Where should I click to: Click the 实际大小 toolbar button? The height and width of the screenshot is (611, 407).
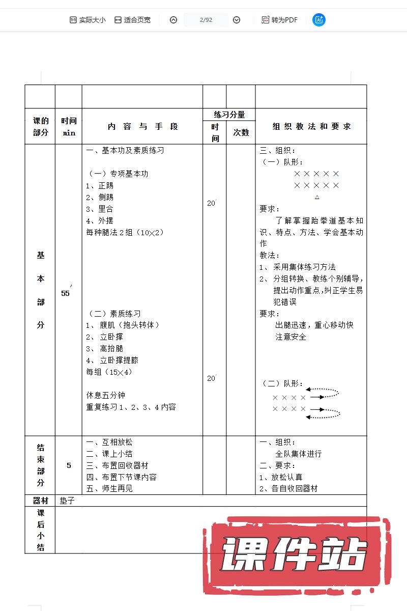pos(88,20)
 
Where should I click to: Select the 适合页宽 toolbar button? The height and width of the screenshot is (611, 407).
pos(132,20)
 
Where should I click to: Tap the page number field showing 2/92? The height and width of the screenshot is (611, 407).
pos(206,20)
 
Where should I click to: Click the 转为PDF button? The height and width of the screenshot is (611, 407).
pos(279,20)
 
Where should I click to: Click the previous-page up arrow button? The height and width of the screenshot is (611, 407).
pos(173,20)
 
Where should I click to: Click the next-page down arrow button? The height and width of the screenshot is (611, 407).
pos(237,20)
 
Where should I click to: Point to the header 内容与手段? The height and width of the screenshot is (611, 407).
pos(143,127)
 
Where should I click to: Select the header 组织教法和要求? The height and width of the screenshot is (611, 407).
pos(311,126)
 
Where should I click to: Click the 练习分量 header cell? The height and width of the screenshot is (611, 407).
pos(229,115)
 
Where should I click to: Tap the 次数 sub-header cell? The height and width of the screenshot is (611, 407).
pos(241,132)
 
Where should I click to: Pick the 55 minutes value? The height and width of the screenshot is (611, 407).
pos(66,293)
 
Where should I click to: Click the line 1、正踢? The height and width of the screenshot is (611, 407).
pos(100,186)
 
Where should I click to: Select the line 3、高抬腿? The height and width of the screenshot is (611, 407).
pos(105,349)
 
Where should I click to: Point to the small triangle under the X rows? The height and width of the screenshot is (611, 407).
pos(317,197)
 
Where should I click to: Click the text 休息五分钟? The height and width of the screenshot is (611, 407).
pos(106,395)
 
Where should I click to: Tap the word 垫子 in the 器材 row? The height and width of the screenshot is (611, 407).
pos(67,501)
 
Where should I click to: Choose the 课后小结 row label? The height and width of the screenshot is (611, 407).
pos(41,530)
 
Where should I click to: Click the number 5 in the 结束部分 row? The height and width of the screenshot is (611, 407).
pos(69,465)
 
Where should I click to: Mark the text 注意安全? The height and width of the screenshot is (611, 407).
pos(290,337)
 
